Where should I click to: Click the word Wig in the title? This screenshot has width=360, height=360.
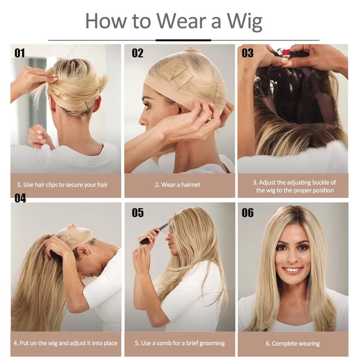pyautogui.click(x=245, y=22)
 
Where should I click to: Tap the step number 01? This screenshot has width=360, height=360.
pyautogui.click(x=20, y=53)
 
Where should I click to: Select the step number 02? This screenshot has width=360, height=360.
pyautogui.click(x=138, y=53)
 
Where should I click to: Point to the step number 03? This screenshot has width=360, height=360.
pyautogui.click(x=248, y=53)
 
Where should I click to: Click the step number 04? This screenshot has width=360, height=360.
pyautogui.click(x=20, y=198)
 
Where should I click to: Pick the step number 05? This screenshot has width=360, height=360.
pyautogui.click(x=138, y=213)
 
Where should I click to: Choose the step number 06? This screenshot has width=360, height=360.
pyautogui.click(x=248, y=213)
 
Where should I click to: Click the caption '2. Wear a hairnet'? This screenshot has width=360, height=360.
pyautogui.click(x=177, y=185)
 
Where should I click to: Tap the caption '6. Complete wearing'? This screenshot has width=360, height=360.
pyautogui.click(x=293, y=344)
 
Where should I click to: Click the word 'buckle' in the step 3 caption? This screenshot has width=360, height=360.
pyautogui.click(x=320, y=183)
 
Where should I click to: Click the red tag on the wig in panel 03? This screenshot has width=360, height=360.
pyautogui.click(x=286, y=53)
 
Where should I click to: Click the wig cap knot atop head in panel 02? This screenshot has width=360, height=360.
pyautogui.click(x=192, y=49)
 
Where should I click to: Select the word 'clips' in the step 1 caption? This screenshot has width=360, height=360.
pyautogui.click(x=52, y=185)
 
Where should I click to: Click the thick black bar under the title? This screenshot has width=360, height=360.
pyautogui.click(x=183, y=40)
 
